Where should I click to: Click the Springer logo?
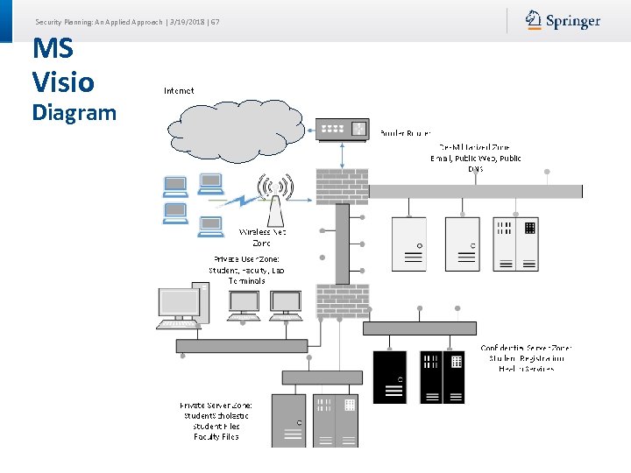coord(563,20)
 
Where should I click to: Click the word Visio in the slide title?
coord(62,82)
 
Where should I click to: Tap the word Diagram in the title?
coord(74,112)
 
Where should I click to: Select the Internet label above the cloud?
coord(179,90)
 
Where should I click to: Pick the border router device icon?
coord(343,129)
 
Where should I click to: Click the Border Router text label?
coord(405,134)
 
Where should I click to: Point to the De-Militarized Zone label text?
coord(475,158)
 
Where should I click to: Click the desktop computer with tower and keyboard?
coord(182,306)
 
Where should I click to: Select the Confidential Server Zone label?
coord(526,358)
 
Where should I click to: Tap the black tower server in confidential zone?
coord(390,377)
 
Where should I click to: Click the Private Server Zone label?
coord(216,421)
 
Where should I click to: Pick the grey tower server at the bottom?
coord(288,420)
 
